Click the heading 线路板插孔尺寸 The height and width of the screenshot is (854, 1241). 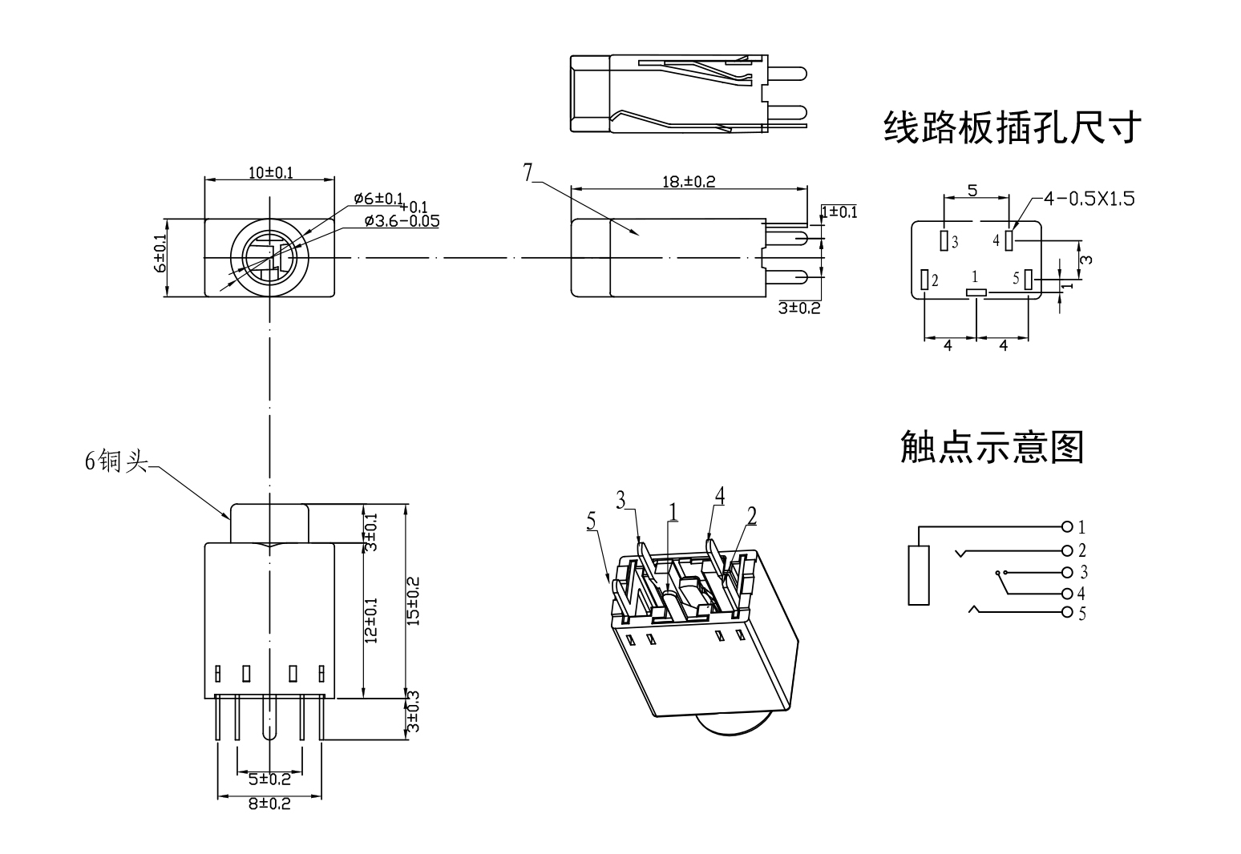1012,127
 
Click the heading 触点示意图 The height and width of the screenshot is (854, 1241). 992,447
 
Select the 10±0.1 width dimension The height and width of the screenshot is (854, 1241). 270,172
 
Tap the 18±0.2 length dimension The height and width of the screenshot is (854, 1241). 688,182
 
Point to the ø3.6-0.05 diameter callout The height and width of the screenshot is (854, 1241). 401,221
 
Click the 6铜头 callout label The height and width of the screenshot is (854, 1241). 116,461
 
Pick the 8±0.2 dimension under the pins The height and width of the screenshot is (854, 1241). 269,804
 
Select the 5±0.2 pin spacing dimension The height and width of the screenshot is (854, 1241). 269,779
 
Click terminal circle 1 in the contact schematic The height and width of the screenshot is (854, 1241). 1066,527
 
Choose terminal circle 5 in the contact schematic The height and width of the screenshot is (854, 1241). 1066,614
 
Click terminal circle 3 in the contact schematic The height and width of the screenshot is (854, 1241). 1066,572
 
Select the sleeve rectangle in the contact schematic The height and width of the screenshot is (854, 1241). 919,574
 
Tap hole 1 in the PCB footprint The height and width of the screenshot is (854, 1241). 976,292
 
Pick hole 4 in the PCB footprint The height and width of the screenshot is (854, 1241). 1009,240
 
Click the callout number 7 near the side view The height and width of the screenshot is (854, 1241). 528,172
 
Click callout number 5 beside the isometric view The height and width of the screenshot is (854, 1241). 592,522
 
